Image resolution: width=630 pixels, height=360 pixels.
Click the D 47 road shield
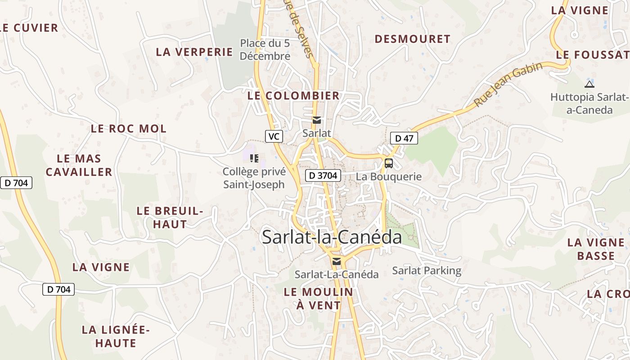coord(404,138)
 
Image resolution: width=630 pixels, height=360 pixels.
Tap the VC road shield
coord(274,136)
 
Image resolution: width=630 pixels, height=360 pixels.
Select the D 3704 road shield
coord(323,175)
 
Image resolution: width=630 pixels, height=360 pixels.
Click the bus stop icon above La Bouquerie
coord(388,163)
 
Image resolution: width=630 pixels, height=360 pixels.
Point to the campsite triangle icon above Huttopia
coord(589,84)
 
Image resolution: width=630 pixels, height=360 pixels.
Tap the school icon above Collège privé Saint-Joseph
coord(254,158)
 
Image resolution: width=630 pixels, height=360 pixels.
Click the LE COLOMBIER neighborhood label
coord(293,96)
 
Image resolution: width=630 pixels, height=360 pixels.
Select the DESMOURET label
coord(412,39)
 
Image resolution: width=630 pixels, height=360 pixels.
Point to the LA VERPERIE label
coord(194,52)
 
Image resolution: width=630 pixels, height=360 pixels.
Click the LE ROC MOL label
coord(129,129)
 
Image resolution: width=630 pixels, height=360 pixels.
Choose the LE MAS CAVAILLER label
coord(79,165)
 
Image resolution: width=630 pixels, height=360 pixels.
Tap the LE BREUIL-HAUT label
coord(170,217)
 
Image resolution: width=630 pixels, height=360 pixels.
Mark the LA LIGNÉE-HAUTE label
coord(116,337)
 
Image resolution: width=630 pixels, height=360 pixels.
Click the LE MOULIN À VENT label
coord(319,298)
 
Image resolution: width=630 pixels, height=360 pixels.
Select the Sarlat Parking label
coord(427,270)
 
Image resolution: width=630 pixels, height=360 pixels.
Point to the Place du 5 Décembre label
coord(265,49)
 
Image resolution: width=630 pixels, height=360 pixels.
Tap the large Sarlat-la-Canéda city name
coord(332,237)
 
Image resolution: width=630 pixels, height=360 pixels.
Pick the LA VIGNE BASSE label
coord(596,249)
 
